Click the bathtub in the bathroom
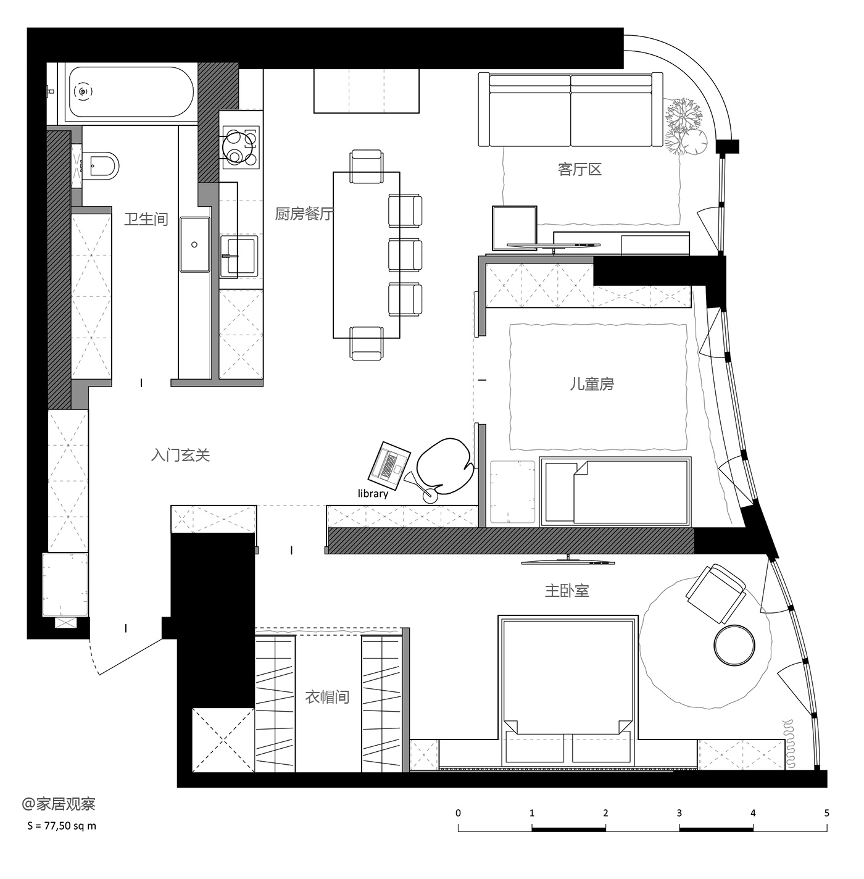[x=131, y=93]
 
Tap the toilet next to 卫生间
[x=101, y=165]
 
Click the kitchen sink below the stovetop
[x=239, y=256]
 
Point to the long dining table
[x=367, y=255]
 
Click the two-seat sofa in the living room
[x=571, y=109]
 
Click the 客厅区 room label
[x=579, y=170]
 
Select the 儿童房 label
[x=592, y=384]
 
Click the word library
[x=373, y=494]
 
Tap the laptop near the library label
[x=389, y=465]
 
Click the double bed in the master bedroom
[x=568, y=690]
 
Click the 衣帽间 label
[x=327, y=698]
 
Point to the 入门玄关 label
[x=180, y=455]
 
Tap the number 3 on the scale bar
[x=679, y=813]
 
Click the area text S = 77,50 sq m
[x=62, y=826]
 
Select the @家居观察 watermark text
[x=59, y=804]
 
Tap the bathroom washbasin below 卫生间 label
[x=195, y=244]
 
